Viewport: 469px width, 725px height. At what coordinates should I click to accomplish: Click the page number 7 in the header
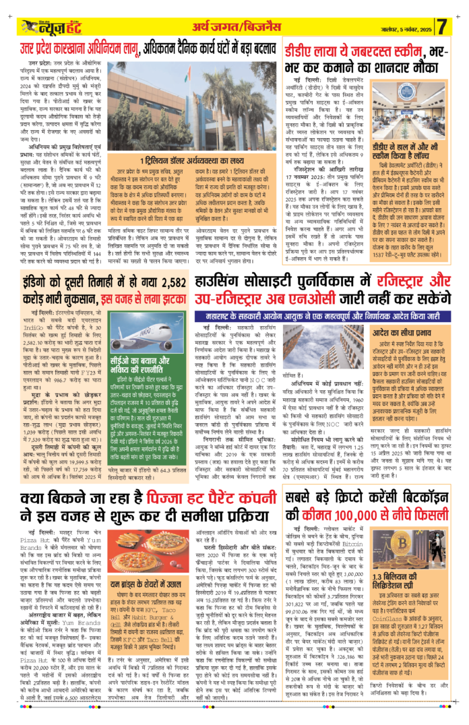point(442,27)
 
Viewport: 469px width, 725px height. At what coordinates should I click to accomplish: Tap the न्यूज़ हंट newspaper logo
point(51,26)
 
